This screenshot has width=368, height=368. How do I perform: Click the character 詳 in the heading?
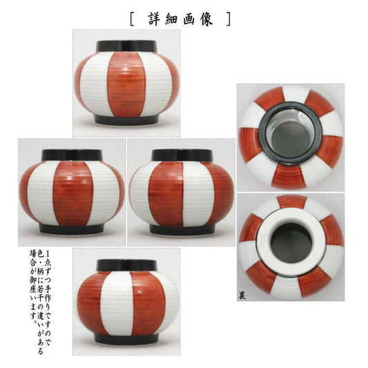(155, 19)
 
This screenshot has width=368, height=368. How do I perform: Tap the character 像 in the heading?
(206, 19)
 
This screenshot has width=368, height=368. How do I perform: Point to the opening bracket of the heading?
(132, 19)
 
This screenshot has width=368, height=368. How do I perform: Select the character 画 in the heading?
(189, 19)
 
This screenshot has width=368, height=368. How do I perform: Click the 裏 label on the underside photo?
(242, 296)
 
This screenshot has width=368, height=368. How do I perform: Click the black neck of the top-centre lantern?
(127, 46)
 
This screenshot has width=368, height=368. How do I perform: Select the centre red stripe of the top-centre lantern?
(126, 84)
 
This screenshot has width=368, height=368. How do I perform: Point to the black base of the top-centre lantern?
(127, 119)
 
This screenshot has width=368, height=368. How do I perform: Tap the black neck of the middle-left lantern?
(72, 155)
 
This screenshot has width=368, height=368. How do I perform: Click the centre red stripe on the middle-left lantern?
(72, 193)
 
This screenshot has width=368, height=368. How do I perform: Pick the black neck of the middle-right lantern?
(182, 155)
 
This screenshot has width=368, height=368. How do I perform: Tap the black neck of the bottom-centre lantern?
(127, 265)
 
